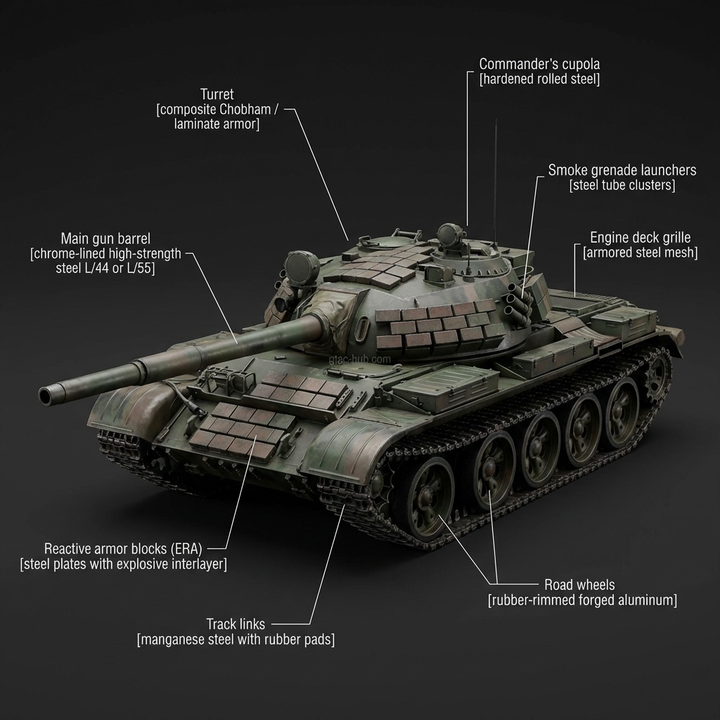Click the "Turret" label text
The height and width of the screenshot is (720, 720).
[x=217, y=94]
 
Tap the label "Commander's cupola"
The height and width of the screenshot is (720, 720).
[x=539, y=63]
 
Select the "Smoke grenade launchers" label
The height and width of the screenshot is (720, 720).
[x=622, y=170]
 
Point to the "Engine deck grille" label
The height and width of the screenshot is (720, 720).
[x=640, y=238]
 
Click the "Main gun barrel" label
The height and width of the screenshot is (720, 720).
[x=105, y=238]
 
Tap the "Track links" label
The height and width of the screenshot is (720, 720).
[x=235, y=624]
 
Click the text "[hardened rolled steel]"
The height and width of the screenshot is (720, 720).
[x=539, y=79]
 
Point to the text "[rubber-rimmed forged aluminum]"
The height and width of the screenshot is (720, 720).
[x=582, y=600]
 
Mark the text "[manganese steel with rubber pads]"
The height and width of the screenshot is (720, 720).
[x=235, y=639]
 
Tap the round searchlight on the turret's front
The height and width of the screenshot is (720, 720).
[x=297, y=267]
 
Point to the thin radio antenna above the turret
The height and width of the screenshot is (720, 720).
[x=496, y=176]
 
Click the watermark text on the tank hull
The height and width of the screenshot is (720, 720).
[x=359, y=359]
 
